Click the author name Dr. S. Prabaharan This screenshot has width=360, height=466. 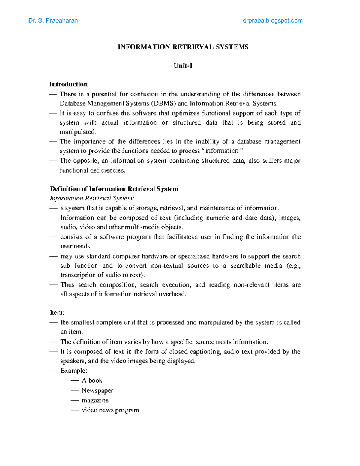click(53, 20)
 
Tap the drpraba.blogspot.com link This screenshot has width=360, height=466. click(272, 20)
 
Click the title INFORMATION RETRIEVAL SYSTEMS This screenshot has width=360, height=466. click(183, 47)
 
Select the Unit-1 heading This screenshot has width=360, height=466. click(183, 66)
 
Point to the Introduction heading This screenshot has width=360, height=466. click(68, 84)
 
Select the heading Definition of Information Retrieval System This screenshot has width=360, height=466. click(114, 189)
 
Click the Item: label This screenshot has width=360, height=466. click(57, 313)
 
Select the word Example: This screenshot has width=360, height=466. click(74, 371)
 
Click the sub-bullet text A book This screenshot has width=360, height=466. click(92, 380)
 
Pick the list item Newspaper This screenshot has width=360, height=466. click(97, 391)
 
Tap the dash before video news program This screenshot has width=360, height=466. click(75, 410)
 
